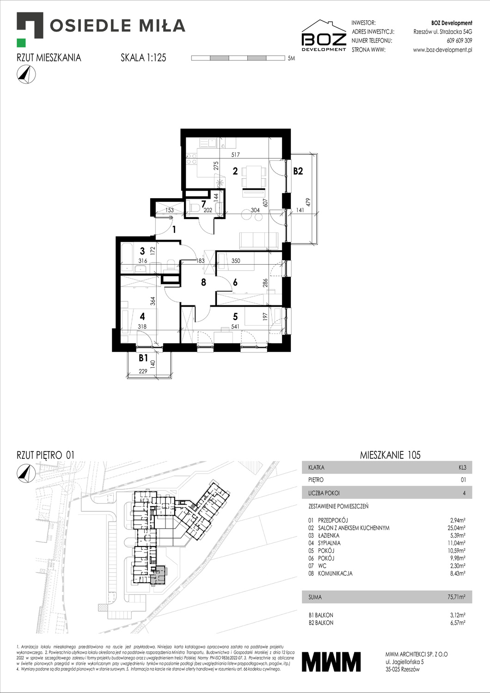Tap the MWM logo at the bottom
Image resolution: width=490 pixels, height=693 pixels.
(x=331, y=661)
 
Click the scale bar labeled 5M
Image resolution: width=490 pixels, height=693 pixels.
(x=238, y=58)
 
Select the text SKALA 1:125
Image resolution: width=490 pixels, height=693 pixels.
(x=143, y=58)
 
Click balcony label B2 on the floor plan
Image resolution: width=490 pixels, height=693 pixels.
(x=298, y=171)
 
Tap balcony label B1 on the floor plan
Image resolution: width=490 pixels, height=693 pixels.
(x=143, y=358)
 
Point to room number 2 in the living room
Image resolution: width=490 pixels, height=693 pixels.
(x=235, y=171)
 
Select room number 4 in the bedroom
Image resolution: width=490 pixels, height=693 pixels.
(x=142, y=316)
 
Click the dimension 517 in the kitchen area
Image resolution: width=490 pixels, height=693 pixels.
(x=235, y=155)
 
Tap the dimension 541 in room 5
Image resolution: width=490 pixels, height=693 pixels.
(x=235, y=327)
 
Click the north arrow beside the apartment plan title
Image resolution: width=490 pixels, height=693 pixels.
(x=26, y=74)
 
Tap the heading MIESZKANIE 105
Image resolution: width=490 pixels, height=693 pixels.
(x=390, y=455)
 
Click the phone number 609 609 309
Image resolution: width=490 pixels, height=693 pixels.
(x=459, y=41)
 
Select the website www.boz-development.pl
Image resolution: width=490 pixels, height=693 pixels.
(x=442, y=50)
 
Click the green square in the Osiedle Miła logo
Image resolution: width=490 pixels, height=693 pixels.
(x=21, y=43)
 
